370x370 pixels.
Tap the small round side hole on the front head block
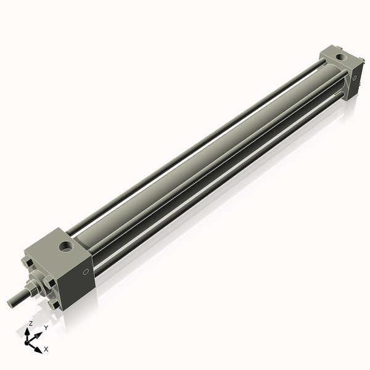point(86,272)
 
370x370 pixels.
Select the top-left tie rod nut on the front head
point(29,264)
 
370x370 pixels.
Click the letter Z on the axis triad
point(30,323)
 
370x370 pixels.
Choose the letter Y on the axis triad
point(46,327)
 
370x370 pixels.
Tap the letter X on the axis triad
point(46,349)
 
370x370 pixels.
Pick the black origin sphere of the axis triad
point(28,340)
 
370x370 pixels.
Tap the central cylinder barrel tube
point(203,154)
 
